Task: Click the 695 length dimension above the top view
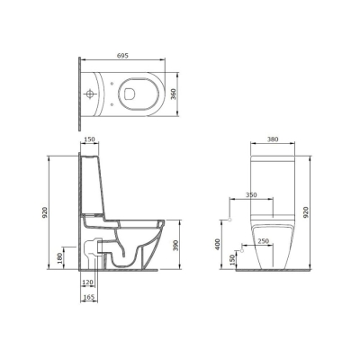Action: (x=122, y=56)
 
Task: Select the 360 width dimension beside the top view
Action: (x=174, y=94)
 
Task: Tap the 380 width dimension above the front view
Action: (x=273, y=139)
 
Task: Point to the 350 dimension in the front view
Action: (x=251, y=195)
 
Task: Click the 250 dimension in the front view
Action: (x=263, y=241)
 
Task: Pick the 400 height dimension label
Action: (x=218, y=245)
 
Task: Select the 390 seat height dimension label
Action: (x=176, y=246)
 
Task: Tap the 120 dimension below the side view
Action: (x=87, y=282)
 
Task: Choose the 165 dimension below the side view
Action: (x=89, y=297)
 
